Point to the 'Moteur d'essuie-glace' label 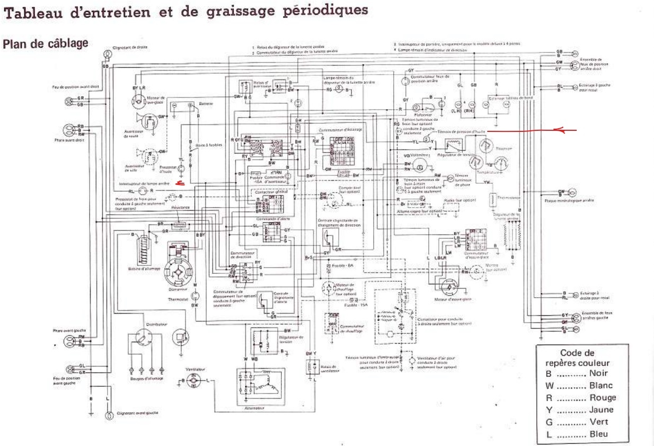click(x=459, y=300)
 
